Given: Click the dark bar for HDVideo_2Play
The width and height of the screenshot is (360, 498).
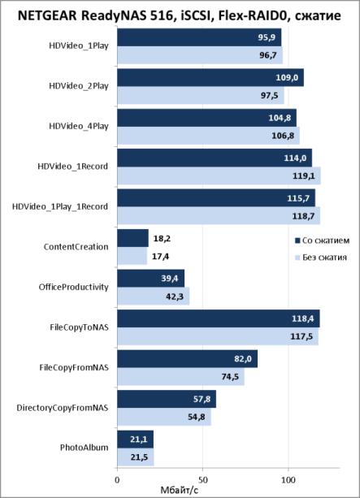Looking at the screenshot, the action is point(210,77).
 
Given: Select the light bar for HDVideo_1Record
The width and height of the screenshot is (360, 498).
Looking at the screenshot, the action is point(219,175).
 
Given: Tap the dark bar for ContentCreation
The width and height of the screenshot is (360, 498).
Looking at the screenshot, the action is point(132,238).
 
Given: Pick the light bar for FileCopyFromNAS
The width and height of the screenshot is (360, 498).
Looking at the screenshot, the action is point(180,377).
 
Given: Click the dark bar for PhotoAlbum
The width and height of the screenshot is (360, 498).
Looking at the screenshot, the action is point(136,440).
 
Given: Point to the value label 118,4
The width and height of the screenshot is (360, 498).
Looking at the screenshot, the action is point(303,318).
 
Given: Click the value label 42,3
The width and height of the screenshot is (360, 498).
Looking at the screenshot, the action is point(175,297).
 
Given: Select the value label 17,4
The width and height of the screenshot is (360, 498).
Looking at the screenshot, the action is point(160,256).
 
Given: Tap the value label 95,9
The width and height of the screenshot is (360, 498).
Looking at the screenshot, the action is point(267,37).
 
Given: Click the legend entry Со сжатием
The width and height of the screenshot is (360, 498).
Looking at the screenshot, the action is point(323,240).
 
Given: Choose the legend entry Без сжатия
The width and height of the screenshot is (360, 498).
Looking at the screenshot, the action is point(321,258).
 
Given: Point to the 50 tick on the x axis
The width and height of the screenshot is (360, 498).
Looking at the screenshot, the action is point(202,479).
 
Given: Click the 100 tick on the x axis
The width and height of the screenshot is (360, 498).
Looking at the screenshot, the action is point(288,479).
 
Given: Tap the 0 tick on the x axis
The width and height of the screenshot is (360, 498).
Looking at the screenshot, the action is point(117,479).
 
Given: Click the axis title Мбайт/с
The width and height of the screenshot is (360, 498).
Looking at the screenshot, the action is point(180,491).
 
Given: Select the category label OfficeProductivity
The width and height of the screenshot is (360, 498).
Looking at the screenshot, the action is point(74,287).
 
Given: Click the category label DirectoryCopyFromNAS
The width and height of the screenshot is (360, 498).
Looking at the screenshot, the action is point(63,408).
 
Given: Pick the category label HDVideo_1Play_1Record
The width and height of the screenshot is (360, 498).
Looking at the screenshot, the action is point(60,207).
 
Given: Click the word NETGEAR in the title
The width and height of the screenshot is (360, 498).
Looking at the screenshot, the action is point(47,15).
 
